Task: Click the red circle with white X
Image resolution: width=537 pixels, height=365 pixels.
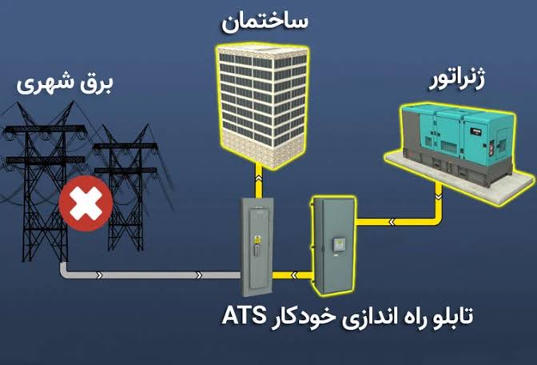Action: tap(86, 203)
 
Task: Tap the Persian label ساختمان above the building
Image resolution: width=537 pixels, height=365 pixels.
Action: tap(265, 22)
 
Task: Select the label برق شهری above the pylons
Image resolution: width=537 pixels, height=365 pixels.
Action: tap(65, 84)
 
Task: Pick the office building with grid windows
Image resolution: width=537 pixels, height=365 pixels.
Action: tap(263, 105)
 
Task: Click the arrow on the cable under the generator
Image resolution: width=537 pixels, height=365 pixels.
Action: tap(438, 197)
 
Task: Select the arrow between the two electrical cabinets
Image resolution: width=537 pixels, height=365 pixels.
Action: tap(294, 275)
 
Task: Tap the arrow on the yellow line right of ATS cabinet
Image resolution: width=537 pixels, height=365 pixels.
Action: tap(392, 223)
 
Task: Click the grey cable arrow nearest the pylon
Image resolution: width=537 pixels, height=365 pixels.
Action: tap(99, 275)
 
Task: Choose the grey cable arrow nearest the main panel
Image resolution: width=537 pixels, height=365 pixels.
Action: tap(199, 275)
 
